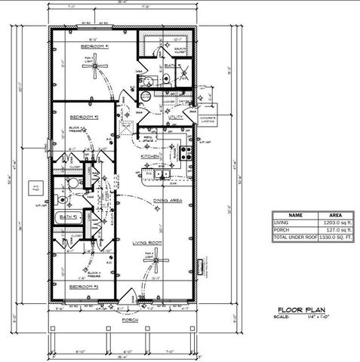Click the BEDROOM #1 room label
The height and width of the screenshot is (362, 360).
pos(95,48)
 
